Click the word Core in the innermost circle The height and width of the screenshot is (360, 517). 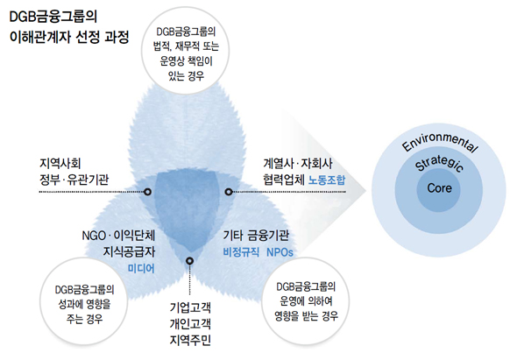[x=439, y=188]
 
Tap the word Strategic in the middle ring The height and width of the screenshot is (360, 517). [x=439, y=163]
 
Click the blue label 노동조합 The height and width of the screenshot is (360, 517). [x=327, y=180]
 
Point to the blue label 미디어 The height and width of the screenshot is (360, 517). [x=141, y=268]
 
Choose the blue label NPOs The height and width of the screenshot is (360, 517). [x=280, y=252]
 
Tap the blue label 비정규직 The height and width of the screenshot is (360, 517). [x=241, y=252]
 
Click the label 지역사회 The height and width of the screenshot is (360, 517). [x=60, y=163]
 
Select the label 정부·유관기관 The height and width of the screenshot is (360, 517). [x=74, y=180]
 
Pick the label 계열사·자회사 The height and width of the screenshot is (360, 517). [x=298, y=163]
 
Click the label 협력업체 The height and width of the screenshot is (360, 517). [x=284, y=180]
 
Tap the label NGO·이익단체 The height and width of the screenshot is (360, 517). [x=118, y=236]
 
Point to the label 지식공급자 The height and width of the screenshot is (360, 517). [x=129, y=252]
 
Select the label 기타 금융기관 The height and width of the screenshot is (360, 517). [x=256, y=236]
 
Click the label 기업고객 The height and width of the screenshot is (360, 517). [x=190, y=308]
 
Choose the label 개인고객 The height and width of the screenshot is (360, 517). [x=190, y=324]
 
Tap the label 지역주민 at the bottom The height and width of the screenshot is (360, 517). [x=190, y=340]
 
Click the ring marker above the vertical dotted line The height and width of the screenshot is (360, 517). [x=189, y=261]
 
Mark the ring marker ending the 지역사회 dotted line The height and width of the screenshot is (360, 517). [x=148, y=192]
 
